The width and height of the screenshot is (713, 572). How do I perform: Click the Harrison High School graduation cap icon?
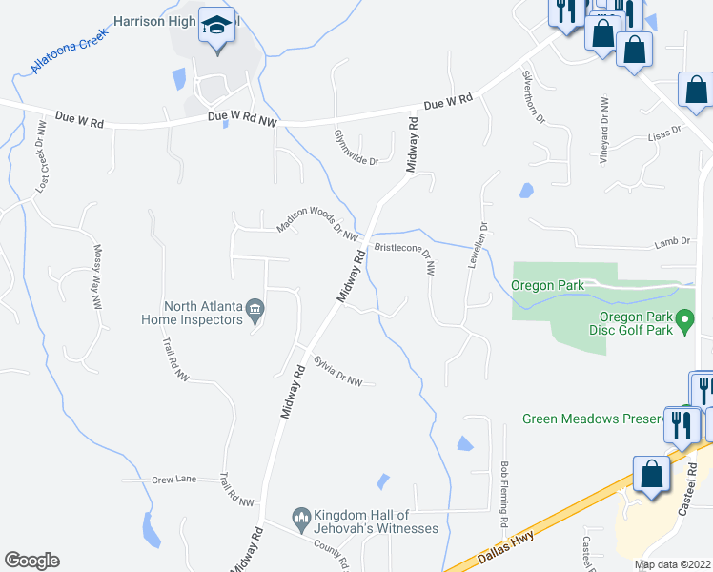(x=217, y=26)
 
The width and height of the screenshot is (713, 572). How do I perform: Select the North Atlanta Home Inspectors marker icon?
(x=255, y=308)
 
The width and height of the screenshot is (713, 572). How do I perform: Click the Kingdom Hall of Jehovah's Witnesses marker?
(x=301, y=515)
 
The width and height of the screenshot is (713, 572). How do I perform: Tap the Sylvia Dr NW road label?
(x=338, y=371)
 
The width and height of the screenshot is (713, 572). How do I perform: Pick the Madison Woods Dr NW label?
(x=316, y=224)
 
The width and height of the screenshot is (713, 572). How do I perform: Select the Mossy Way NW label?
(x=96, y=277)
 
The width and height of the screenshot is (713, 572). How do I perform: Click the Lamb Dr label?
(x=671, y=244)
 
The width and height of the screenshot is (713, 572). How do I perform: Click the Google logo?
(x=31, y=561)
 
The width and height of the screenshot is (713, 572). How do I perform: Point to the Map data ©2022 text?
(x=671, y=564)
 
